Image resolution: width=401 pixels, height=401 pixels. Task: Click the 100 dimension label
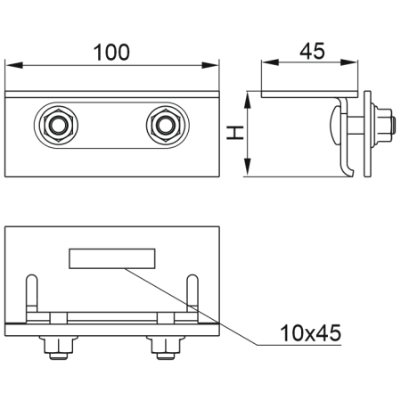click(x=111, y=53)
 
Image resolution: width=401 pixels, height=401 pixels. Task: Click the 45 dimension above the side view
click(x=312, y=51)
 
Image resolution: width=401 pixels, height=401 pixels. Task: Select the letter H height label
click(x=235, y=133)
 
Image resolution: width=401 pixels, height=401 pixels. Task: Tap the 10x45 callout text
click(x=311, y=333)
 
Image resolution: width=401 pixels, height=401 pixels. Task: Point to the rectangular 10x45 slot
click(x=112, y=258)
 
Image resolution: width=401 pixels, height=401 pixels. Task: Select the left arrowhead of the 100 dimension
click(x=14, y=65)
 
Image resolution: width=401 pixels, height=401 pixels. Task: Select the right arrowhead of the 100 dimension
click(x=210, y=65)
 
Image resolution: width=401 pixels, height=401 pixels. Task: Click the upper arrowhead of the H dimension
click(x=248, y=100)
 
